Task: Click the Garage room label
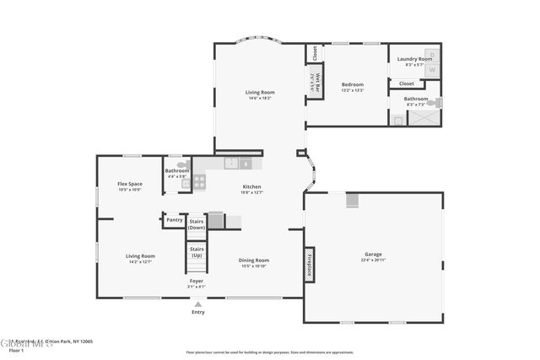point(373,254)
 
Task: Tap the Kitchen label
point(251,186)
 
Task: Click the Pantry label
point(175,220)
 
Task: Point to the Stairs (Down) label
point(197,223)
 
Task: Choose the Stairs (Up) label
point(197,251)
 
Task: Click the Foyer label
point(196,281)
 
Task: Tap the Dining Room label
point(254,261)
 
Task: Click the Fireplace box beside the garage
point(309,264)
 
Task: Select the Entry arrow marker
point(197,304)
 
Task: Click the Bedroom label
point(353,84)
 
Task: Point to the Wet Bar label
point(313,81)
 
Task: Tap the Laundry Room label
point(414,59)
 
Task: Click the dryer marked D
point(432,55)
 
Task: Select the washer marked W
point(432,70)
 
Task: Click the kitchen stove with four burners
point(199,180)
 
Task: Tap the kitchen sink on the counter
point(230,164)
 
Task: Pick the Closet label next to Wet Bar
point(314,52)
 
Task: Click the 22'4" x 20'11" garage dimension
point(373,261)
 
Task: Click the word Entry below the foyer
point(197,312)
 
